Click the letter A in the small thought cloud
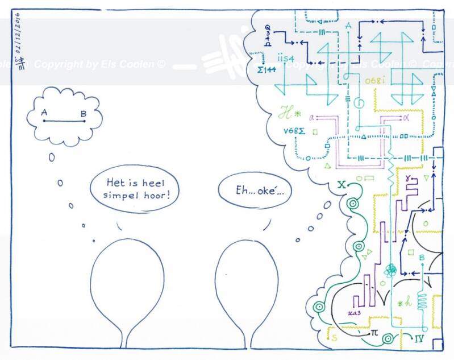[x=44, y=113]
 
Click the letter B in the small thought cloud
[x=83, y=114]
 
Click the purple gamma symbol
[x=409, y=180]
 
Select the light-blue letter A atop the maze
[x=347, y=26]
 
